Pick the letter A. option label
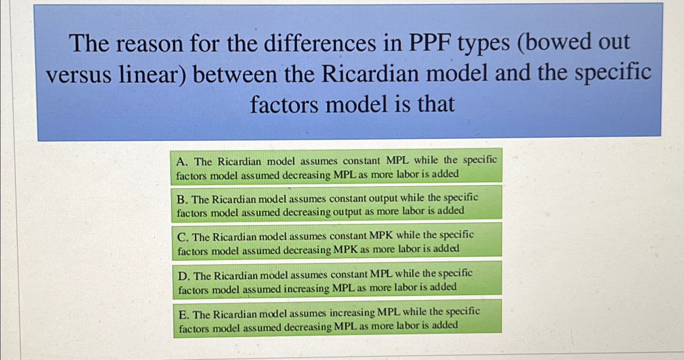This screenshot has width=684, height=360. [182, 162]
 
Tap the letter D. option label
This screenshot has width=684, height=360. [183, 276]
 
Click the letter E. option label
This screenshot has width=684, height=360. [184, 315]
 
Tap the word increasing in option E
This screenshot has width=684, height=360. [352, 313]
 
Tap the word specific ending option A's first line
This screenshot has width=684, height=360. [480, 160]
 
